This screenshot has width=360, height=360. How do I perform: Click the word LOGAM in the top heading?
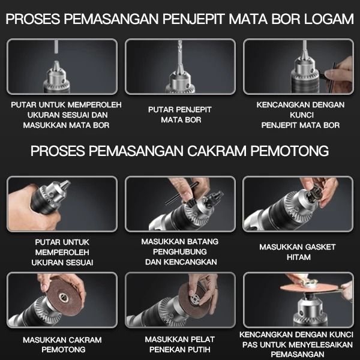pos(329,19)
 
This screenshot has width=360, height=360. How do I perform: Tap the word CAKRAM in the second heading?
pos(217,151)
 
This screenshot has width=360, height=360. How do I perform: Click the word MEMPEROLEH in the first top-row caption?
pos(95,105)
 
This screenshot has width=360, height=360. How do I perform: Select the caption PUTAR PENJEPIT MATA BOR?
pos(180,115)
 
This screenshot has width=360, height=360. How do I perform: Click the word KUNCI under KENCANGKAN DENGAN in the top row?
pos(302,115)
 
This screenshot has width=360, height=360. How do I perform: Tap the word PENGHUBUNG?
pos(180,252)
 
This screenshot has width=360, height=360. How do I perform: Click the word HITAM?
pos(298,257)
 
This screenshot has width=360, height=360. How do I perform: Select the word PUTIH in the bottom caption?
pos(198,349)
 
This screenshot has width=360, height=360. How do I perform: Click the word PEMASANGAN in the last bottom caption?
pos(298,354)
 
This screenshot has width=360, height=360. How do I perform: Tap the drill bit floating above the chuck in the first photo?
pos(56,47)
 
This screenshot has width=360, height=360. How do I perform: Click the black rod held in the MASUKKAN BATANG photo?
pos(182,194)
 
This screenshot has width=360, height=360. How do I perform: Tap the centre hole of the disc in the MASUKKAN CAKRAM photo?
pos(64,298)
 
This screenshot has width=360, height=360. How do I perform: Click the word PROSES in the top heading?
pos(33,19)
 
